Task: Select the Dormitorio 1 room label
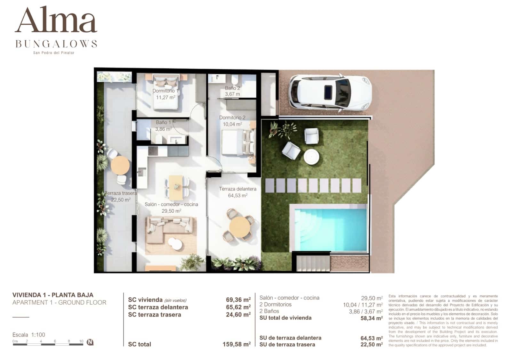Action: coord(165,91)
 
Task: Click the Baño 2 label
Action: coord(232,88)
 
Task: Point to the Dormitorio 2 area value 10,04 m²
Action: coord(232,124)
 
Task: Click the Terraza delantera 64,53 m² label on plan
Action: coord(237,192)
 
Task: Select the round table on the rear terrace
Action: coord(120,165)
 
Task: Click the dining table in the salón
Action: coord(176,187)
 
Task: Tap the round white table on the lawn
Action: coord(311,157)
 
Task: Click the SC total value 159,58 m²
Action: coord(236,344)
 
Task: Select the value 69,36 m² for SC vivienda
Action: coord(238,300)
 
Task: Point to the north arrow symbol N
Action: coord(90,342)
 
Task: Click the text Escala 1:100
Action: coord(29,335)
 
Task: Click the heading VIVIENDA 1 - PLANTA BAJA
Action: coord(53,295)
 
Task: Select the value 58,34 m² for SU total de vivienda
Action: coord(372,318)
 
